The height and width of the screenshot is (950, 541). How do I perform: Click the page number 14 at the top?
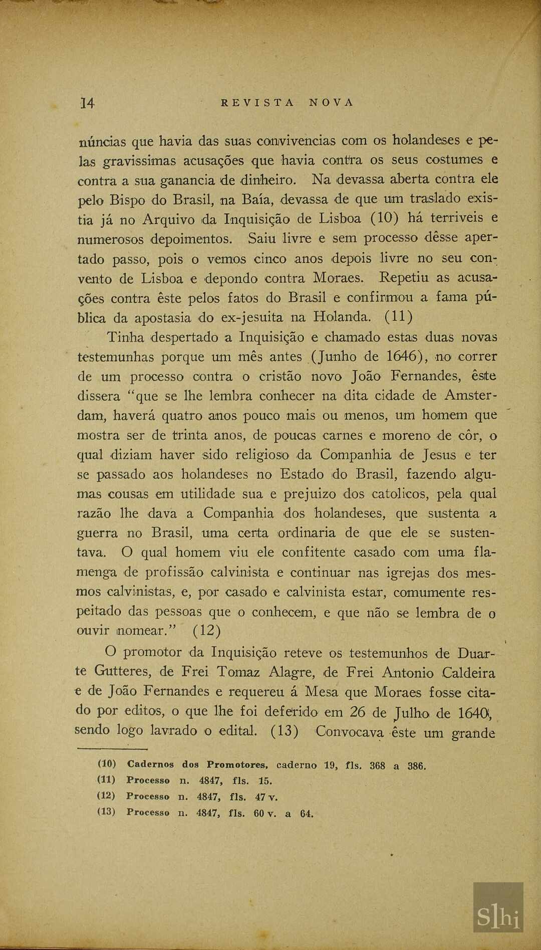87,103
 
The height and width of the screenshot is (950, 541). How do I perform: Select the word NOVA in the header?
332,103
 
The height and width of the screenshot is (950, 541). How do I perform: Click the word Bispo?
127,200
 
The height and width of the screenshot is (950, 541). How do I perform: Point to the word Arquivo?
168,219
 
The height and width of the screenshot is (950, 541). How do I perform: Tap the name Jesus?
439,455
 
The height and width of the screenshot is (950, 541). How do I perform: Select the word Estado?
302,474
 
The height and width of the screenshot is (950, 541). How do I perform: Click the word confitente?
314,552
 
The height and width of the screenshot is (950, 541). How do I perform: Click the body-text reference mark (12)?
207,630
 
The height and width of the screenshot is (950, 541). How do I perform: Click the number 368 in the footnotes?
377,766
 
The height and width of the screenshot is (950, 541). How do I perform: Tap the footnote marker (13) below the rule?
106,812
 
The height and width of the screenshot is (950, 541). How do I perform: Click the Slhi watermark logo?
498,918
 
